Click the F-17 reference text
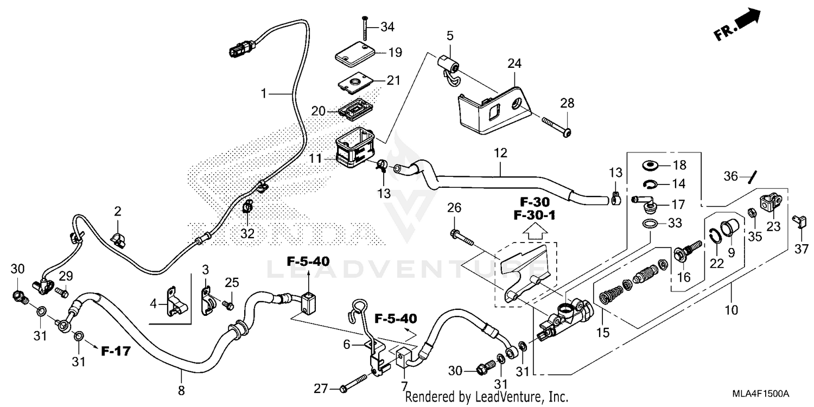pos(116,351)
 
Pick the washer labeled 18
pos(649,165)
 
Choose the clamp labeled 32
pos(248,207)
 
